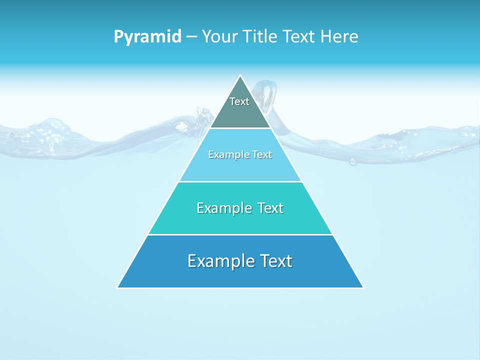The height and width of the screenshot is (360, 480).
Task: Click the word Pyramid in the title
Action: [147, 37]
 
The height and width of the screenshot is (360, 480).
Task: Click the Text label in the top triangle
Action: [239, 101]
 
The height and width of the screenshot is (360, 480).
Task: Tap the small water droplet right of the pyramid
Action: [353, 161]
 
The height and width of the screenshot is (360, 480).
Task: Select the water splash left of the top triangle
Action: [202, 120]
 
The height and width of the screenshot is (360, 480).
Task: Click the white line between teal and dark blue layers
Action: [240, 234]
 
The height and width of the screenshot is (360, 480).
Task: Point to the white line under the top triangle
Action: [240, 128]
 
